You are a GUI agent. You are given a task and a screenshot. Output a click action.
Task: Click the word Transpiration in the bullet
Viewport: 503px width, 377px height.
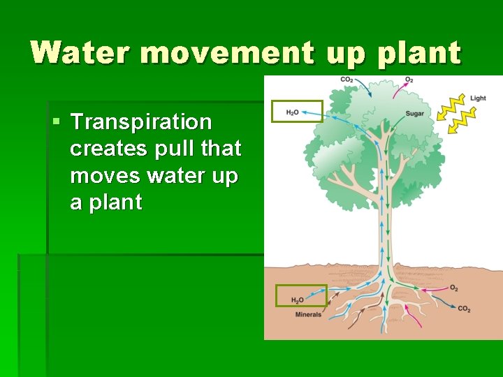141,122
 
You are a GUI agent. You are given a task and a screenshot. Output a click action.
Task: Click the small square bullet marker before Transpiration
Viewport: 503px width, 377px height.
57,123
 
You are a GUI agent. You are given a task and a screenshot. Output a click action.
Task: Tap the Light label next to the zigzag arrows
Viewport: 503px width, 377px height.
478,98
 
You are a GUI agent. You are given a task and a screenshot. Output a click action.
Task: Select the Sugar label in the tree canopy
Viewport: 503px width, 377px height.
414,114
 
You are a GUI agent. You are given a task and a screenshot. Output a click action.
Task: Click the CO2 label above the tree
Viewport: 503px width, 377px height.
347,80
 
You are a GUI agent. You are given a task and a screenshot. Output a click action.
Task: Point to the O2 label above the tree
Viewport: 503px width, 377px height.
409,80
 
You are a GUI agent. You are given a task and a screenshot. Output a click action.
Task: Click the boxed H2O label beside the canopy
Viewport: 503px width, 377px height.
293,112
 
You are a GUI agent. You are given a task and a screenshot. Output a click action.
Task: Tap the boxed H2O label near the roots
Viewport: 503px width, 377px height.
298,300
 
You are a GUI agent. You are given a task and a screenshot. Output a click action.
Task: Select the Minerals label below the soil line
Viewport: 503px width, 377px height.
308,315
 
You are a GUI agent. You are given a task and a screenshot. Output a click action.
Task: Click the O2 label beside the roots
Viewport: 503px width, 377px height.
454,288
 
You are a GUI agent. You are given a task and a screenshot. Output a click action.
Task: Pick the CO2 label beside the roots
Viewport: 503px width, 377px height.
464,309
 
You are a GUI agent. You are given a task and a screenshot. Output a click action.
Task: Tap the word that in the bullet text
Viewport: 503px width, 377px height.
220,149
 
